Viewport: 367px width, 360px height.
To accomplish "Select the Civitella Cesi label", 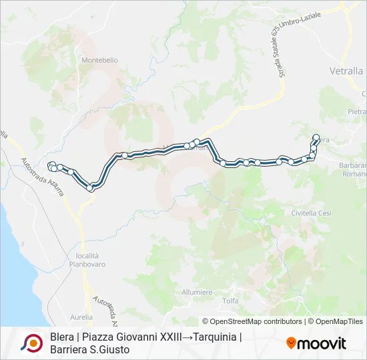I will [311, 213].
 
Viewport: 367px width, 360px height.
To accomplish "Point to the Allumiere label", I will [196, 292].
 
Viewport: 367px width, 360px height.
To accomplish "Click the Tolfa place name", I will [230, 301].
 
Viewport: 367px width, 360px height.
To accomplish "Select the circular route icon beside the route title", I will [32, 343].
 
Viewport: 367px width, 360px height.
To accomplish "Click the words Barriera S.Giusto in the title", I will [89, 349].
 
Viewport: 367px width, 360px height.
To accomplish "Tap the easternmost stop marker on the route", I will [316, 138].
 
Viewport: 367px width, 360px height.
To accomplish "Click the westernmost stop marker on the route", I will [51, 165].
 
